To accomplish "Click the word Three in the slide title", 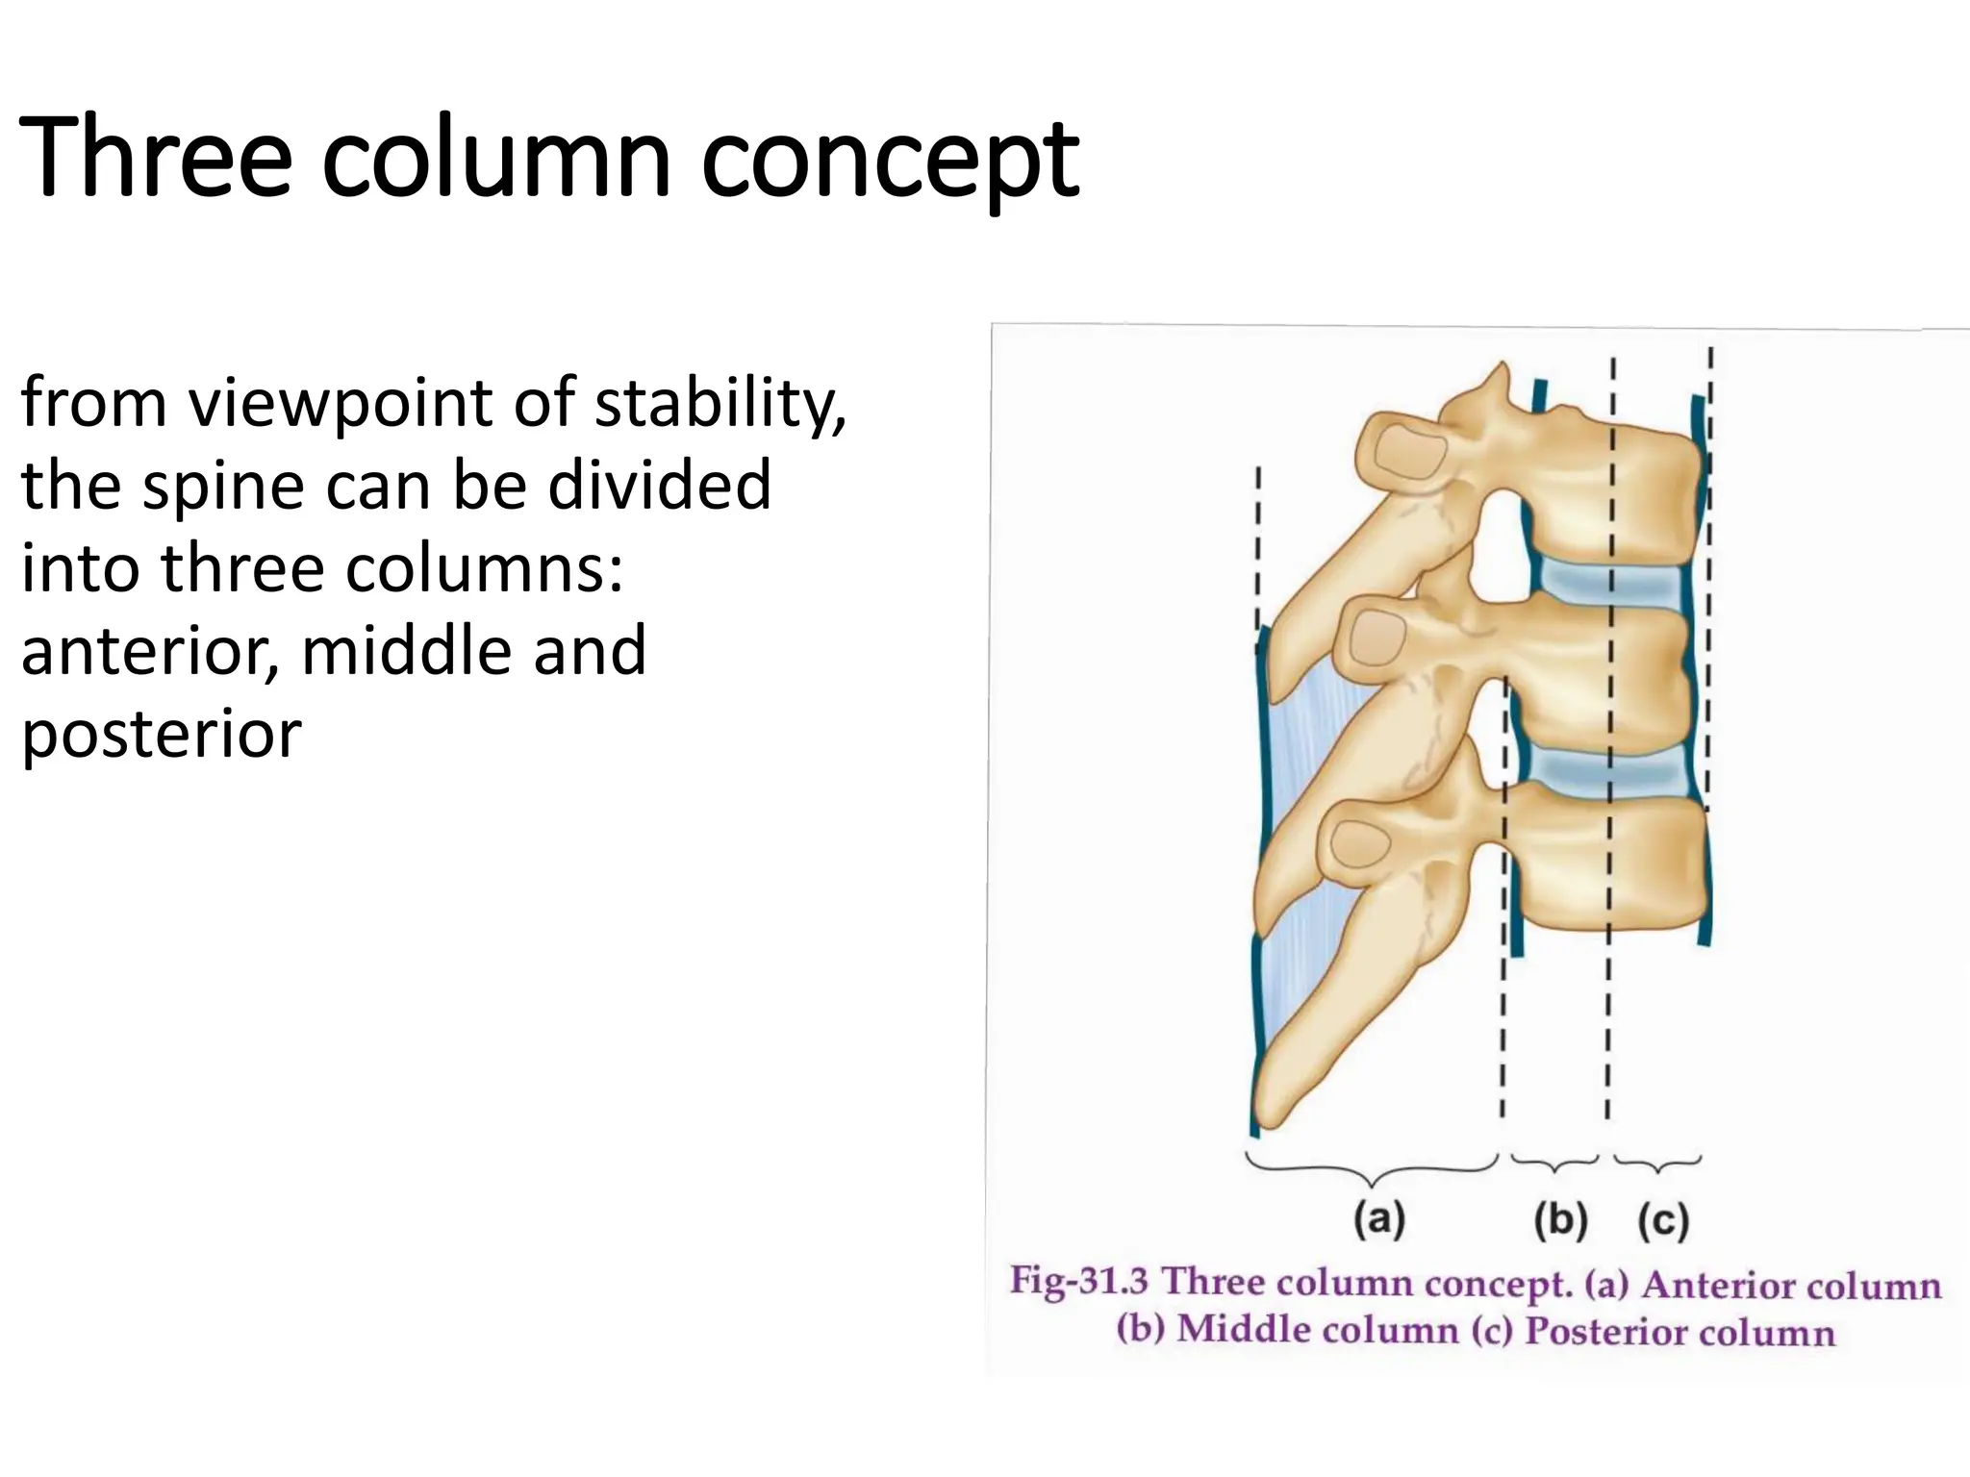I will click(x=155, y=159).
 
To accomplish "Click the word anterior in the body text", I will click(x=149, y=652).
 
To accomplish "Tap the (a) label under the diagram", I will click(x=1379, y=1219).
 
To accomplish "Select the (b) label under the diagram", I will click(x=1560, y=1220).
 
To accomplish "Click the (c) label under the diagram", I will click(x=1663, y=1221).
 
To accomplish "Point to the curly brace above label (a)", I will click(x=1372, y=1170).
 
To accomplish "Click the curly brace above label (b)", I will click(x=1554, y=1164).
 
